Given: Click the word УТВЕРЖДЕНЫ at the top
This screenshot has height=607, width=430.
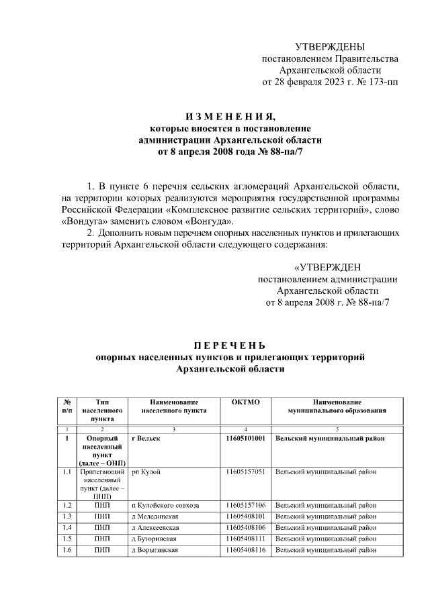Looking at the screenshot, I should [330, 46].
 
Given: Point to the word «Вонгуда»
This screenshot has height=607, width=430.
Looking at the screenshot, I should [210, 221].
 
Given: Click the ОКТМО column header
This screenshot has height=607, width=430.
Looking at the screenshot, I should [245, 401].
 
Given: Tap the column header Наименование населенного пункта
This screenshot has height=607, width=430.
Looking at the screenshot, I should [173, 406].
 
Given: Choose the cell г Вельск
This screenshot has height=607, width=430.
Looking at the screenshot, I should [147, 439].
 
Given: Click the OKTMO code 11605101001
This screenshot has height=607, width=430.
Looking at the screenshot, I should [245, 439].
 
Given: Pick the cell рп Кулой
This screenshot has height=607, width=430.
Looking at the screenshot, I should [146, 472].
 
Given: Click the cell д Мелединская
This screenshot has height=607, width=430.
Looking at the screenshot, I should [157, 516].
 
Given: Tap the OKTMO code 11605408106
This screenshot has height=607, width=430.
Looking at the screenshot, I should [245, 528].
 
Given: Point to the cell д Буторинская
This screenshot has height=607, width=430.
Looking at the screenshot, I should [157, 539].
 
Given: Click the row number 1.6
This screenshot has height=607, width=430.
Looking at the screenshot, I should [67, 550].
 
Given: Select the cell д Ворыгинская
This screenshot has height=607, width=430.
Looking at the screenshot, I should [157, 550].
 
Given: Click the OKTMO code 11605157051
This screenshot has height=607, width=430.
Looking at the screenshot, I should [245, 472].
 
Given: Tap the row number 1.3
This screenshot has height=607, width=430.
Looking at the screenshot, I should [67, 516].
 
